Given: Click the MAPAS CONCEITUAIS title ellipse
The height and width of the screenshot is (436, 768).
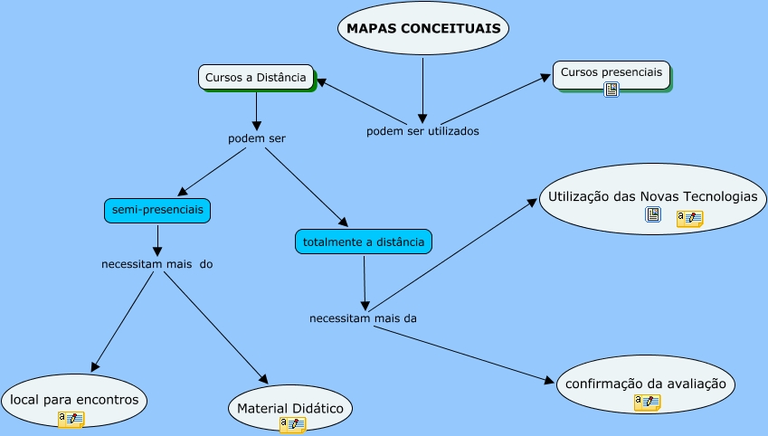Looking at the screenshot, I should [x=423, y=29].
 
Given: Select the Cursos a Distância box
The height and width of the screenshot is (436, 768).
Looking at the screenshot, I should [x=256, y=78].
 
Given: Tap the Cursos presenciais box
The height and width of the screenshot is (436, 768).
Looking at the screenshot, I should [x=611, y=72].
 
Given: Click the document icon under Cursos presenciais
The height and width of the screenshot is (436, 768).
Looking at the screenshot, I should [x=612, y=90].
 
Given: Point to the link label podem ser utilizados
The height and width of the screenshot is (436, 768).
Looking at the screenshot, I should [x=422, y=131].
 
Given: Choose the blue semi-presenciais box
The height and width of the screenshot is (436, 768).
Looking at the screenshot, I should [x=157, y=211].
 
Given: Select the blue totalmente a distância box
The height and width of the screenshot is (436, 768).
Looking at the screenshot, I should [x=364, y=242].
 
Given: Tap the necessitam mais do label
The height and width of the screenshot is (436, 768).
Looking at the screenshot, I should [x=157, y=265].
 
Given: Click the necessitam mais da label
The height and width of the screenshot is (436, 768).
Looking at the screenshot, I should [x=363, y=318].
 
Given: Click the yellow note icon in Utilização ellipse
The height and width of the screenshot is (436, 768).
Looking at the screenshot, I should [x=689, y=218].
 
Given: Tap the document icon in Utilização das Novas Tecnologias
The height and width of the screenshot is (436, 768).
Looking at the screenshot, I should [x=653, y=214].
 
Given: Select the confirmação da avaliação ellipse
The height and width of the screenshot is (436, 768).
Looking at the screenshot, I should [x=645, y=384].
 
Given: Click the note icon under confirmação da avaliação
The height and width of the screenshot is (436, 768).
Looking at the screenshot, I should [x=647, y=403].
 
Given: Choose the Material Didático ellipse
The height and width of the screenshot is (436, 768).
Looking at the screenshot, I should [x=289, y=409].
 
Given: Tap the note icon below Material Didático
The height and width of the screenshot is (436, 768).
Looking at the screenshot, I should [x=292, y=424].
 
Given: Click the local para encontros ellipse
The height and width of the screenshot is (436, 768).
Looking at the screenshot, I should [x=74, y=400].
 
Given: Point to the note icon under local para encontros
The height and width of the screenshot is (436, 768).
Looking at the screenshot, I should [x=71, y=419].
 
